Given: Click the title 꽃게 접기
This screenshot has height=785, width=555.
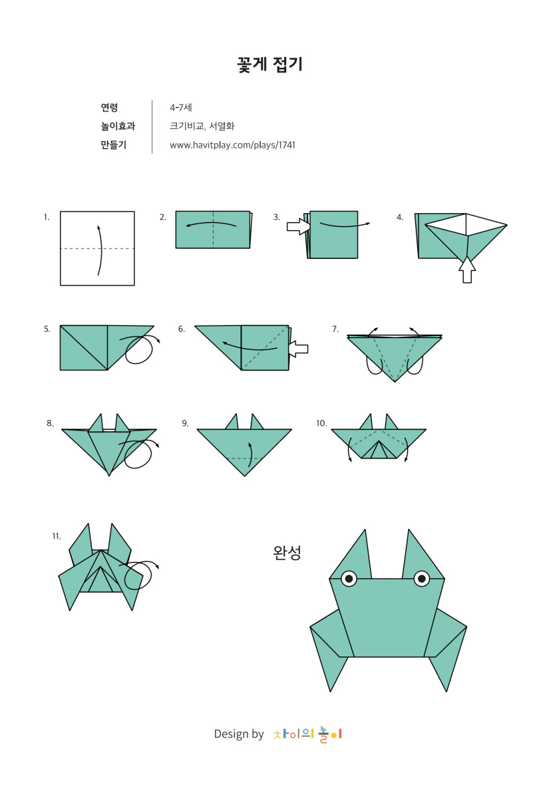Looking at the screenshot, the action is point(270,65).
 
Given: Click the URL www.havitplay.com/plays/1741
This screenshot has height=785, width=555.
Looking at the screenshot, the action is point(232,145).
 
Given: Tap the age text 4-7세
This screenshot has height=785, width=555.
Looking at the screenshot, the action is point(181,108).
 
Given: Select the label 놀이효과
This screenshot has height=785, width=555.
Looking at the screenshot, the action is point(118,126).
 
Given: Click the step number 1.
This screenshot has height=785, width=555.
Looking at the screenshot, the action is point(46,217).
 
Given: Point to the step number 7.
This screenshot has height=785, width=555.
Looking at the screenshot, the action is point(335,329).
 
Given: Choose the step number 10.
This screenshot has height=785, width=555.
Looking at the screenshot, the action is point(321,423).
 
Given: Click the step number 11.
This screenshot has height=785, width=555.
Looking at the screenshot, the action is point(57,536).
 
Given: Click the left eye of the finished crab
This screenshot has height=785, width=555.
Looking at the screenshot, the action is point(349,579).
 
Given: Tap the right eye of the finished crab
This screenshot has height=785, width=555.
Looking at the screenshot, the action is point(421,579).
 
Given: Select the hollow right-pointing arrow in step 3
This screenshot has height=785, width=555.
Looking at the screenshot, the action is point(298,227).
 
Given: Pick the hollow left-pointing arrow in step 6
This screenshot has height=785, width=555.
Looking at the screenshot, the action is point(298,349).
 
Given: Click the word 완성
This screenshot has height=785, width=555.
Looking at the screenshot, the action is point(287,553).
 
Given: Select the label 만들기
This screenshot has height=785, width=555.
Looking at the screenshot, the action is point(113,145).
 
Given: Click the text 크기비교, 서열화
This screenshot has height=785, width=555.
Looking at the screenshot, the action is point(202,126).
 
